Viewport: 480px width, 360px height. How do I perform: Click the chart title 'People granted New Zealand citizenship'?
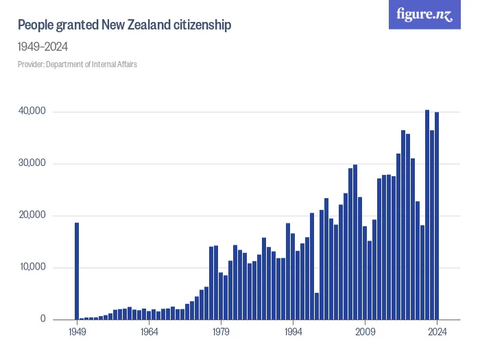pos(124,25)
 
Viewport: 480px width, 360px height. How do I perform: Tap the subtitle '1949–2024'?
pos(43,47)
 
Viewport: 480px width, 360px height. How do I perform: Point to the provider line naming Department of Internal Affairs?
pos(77,64)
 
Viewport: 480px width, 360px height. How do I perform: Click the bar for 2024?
pos(437,216)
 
